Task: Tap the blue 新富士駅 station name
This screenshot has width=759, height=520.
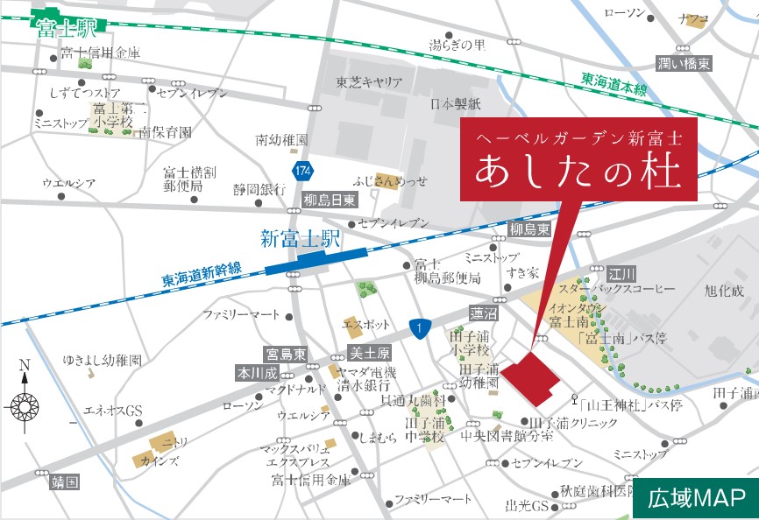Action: pos(299,237)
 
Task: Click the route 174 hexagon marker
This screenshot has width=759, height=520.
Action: pos(302,168)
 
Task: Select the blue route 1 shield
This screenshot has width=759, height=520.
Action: pos(420,327)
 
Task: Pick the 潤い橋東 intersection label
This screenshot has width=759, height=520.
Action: pos(685,63)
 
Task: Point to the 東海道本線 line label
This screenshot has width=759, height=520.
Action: pos(614,84)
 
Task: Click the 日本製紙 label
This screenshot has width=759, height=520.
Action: pos(456,104)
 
